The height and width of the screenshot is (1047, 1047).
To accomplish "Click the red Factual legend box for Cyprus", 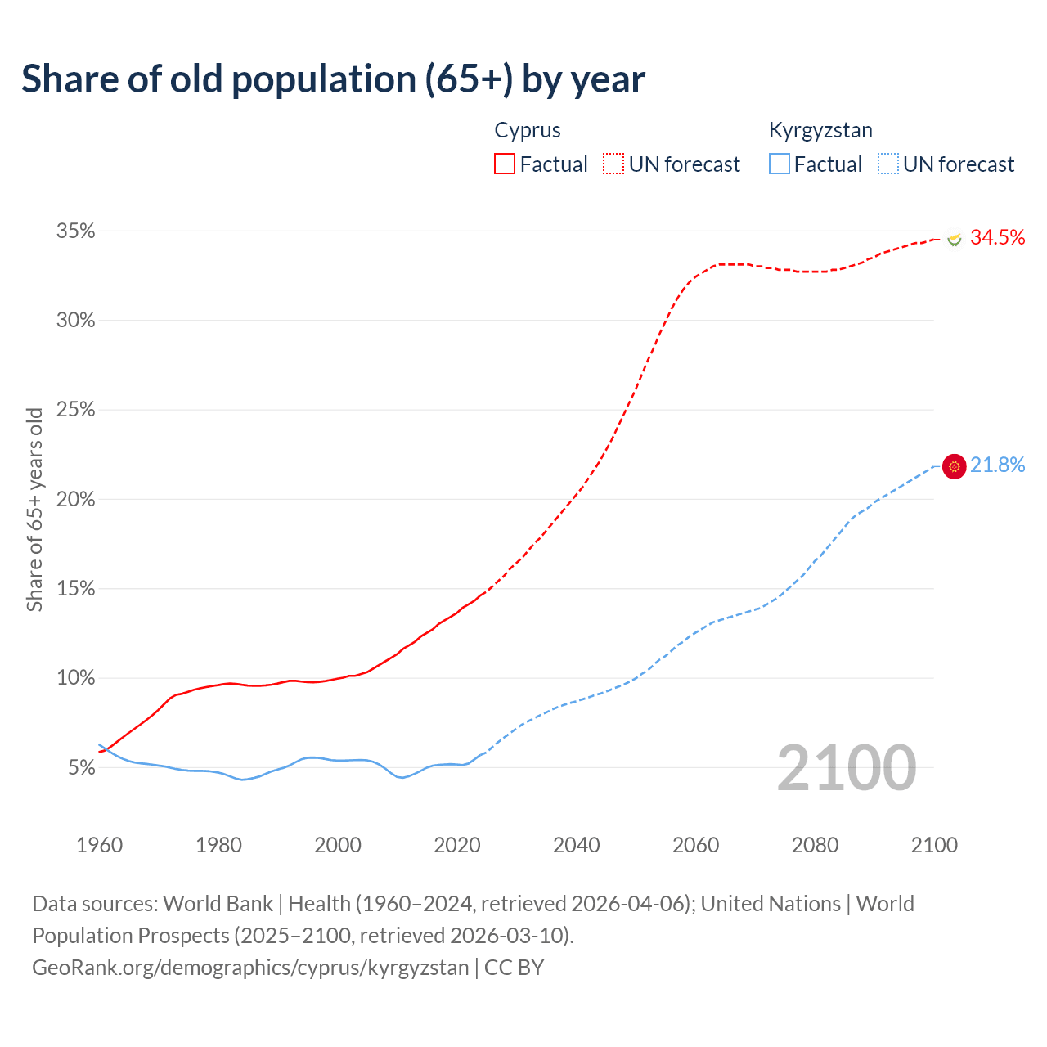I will click(x=505, y=164).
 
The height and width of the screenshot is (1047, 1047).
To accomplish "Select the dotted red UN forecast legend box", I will click(x=613, y=164).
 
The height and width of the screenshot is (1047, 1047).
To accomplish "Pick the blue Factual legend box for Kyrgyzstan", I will click(x=780, y=164).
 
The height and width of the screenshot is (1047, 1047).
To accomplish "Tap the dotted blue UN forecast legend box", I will click(x=888, y=164).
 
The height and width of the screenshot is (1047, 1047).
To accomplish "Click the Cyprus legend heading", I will click(x=528, y=130).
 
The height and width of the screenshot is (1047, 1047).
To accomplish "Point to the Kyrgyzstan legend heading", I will click(x=820, y=130).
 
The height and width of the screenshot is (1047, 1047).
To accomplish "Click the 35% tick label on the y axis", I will click(x=76, y=231).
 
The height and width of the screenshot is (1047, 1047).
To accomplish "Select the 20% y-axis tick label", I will click(x=76, y=500).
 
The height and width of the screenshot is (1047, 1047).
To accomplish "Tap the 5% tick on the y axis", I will click(x=81, y=768).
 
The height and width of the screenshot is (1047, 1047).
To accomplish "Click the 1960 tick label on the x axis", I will click(x=99, y=845).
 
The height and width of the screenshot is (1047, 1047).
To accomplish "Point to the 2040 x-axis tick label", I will click(x=577, y=845).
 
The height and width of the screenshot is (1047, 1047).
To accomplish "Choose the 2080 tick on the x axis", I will click(x=815, y=845).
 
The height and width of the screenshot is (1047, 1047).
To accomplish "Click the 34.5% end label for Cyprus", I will click(x=997, y=237).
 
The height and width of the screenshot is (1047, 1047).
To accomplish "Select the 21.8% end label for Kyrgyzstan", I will click(x=997, y=465).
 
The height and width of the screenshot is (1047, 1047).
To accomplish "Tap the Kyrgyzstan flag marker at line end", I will click(x=955, y=466).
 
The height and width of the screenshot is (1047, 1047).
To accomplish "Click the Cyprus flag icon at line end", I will click(x=954, y=239).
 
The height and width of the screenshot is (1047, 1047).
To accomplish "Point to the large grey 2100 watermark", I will click(x=847, y=768).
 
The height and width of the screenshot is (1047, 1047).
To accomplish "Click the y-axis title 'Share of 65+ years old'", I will click(x=34, y=510).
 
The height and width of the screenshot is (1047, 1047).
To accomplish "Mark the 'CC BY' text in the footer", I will click(x=514, y=968).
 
